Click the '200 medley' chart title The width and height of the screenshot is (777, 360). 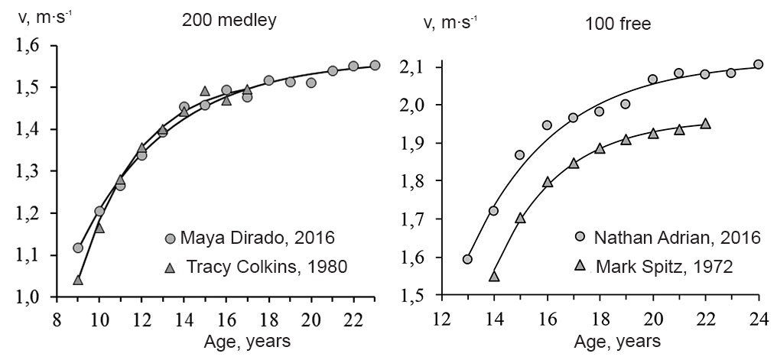(x=229, y=21)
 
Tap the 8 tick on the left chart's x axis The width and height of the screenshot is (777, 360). (x=57, y=317)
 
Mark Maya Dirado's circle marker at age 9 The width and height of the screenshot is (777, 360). (x=78, y=248)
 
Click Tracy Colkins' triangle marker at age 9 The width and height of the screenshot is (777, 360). (x=78, y=280)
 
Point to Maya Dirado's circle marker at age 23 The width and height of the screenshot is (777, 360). (x=375, y=65)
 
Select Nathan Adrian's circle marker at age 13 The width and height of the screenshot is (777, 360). (x=467, y=258)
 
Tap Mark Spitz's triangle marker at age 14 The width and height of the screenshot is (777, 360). (x=494, y=276)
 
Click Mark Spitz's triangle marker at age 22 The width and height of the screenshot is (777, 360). (x=705, y=123)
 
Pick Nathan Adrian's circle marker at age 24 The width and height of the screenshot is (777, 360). (x=758, y=64)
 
